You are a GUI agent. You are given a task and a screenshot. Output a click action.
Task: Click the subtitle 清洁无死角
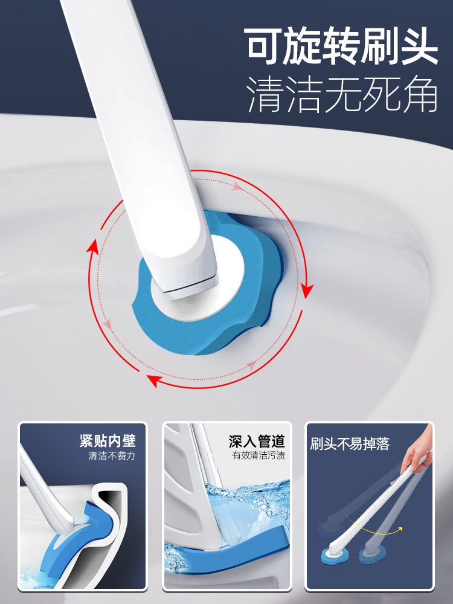pos(342,95)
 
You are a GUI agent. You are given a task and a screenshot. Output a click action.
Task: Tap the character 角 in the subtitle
pos(419,95)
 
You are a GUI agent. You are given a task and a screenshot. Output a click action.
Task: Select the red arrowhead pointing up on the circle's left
pos(92,246)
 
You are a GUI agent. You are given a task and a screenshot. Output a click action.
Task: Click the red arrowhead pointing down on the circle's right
pos(307,291)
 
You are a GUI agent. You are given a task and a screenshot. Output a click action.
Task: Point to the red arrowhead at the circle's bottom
pos(154,380)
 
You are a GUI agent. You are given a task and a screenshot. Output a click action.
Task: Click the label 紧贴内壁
pos(108,441)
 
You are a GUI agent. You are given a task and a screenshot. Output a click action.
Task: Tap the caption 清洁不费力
pos(112,456)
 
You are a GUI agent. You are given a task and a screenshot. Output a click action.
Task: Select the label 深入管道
pos(257,441)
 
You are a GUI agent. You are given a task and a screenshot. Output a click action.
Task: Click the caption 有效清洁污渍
pos(259,455)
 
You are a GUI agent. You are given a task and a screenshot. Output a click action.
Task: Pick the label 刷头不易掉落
pos(350,444)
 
